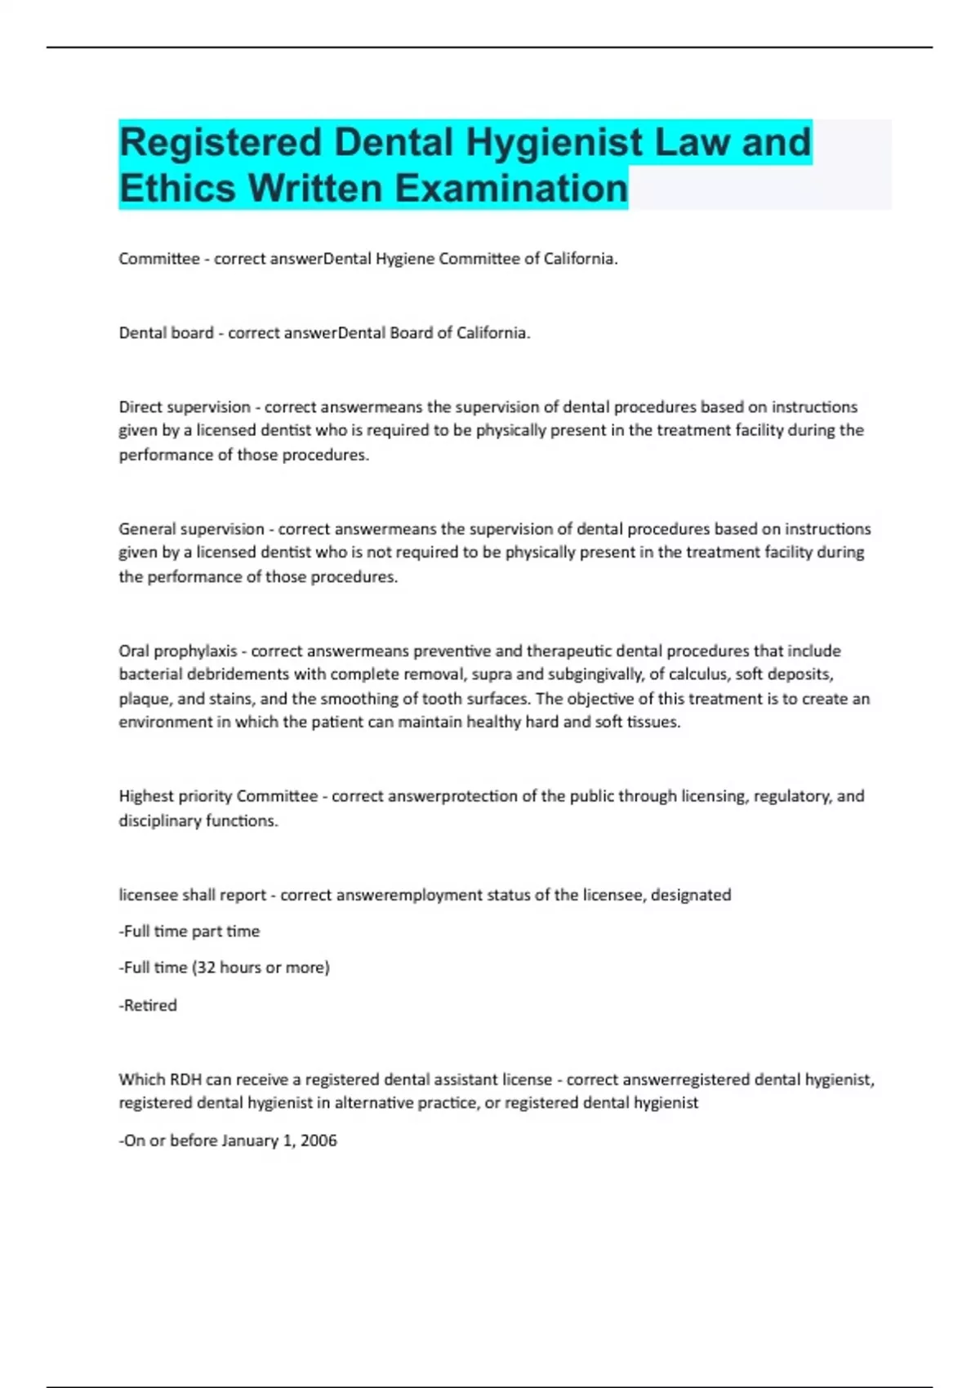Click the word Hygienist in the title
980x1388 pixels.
point(555,142)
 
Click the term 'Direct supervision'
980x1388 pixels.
point(185,407)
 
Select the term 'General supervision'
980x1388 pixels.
point(191,529)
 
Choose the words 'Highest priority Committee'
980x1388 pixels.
point(218,796)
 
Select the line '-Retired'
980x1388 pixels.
point(148,1005)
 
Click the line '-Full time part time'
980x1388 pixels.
point(189,931)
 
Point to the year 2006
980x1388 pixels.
point(318,1141)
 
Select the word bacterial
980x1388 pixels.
point(151,674)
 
